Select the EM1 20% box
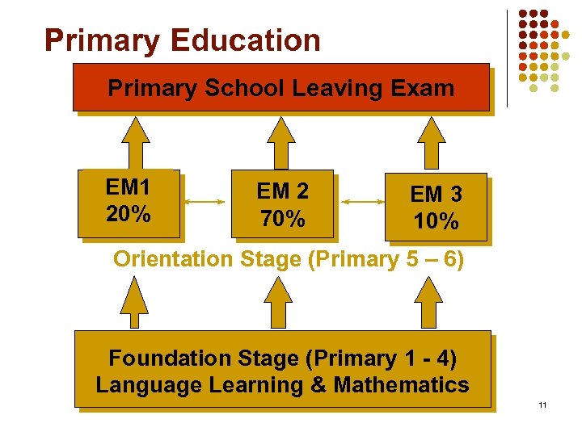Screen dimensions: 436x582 pyautogui.click(x=129, y=202)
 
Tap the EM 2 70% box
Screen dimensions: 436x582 pyautogui.click(x=282, y=204)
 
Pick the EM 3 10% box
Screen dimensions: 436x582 pyautogui.click(x=436, y=207)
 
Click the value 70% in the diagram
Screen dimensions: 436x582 pyautogui.click(x=282, y=218)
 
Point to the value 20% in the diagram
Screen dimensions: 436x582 pyautogui.click(x=128, y=214)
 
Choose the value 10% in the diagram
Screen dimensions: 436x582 pyautogui.click(x=436, y=220)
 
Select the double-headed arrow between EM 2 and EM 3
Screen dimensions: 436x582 pyautogui.click(x=360, y=198)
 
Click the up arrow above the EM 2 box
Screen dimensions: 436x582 pyautogui.click(x=282, y=141)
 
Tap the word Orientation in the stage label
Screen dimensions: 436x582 pyautogui.click(x=172, y=259)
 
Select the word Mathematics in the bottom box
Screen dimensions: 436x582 pyautogui.click(x=401, y=384)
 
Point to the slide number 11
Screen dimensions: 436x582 pyautogui.click(x=542, y=405)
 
